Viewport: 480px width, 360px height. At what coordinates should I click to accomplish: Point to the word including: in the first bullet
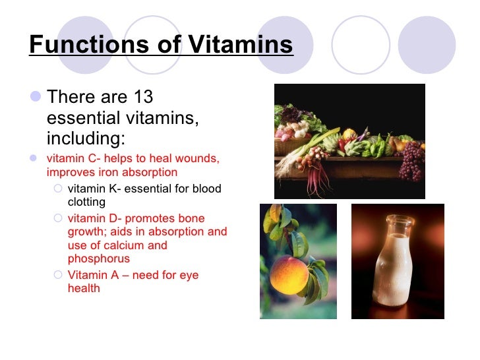point(85,139)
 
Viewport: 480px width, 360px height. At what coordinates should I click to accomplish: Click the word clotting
point(86,202)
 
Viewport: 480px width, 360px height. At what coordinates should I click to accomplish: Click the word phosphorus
point(98,258)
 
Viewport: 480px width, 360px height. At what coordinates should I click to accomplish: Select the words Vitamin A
point(92,275)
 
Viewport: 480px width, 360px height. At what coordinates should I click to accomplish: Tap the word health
point(84,288)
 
